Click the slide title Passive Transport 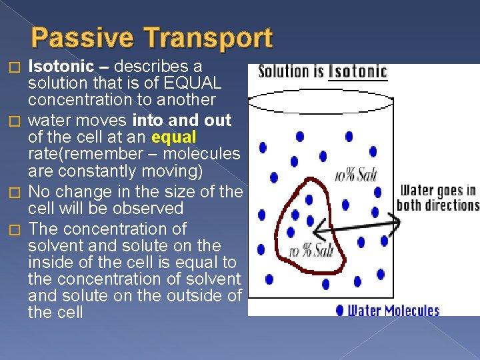tap(152, 38)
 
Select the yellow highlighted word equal tap(174, 137)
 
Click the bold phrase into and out tap(181, 121)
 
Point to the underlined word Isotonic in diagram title tap(358, 71)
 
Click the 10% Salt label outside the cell tap(355, 175)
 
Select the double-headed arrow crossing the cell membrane tap(357, 225)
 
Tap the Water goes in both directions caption tap(437, 198)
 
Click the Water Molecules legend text tap(394, 310)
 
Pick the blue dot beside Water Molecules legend tap(340, 310)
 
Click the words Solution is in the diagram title tap(291, 71)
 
